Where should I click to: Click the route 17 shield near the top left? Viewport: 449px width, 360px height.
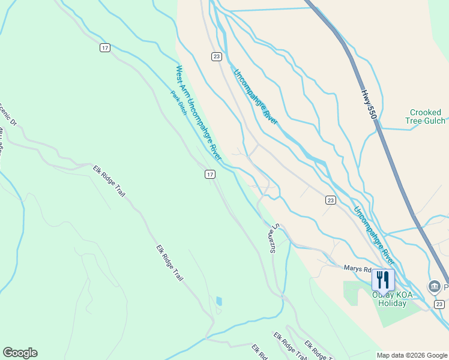[x=105, y=47]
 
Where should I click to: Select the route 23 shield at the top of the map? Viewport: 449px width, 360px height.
[x=217, y=56]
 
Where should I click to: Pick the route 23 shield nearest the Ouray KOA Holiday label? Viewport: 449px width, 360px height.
[x=440, y=305]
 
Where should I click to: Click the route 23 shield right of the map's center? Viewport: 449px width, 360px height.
[x=331, y=200]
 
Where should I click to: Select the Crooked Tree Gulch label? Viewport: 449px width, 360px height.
[x=426, y=116]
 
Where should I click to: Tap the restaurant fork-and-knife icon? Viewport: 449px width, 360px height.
[x=382, y=280]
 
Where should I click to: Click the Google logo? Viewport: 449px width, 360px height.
[x=20, y=353]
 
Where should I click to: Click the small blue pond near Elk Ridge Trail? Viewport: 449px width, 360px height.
[x=218, y=301]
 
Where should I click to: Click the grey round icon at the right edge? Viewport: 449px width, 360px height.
[x=434, y=287]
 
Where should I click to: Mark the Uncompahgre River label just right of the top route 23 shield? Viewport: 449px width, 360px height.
[x=255, y=95]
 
